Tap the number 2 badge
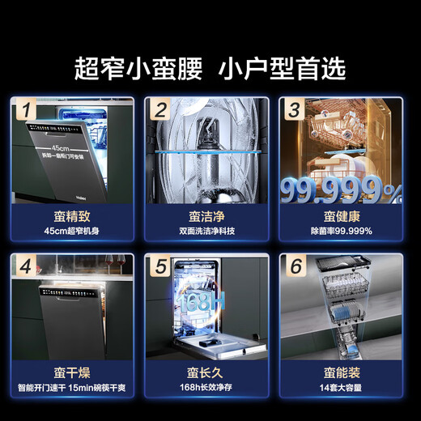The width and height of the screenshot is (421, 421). (162, 108)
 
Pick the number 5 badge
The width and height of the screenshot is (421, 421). (162, 265)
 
